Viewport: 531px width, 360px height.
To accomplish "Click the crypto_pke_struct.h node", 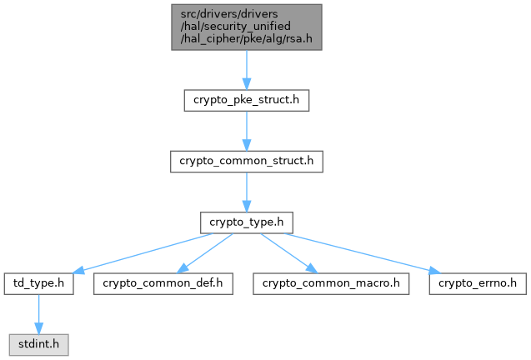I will click(x=246, y=100).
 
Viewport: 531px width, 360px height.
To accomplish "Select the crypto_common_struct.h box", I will click(x=246, y=161).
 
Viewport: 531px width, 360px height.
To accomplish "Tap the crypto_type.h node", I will click(x=246, y=222).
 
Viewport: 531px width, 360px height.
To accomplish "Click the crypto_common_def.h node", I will click(x=163, y=282).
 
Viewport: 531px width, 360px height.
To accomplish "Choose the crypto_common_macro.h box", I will click(x=331, y=282).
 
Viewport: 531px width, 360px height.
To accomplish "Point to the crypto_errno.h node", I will click(x=478, y=282).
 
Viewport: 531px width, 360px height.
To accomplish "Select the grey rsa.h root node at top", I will click(x=246, y=27).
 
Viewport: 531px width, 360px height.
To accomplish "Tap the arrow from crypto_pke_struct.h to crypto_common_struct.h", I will click(x=246, y=130).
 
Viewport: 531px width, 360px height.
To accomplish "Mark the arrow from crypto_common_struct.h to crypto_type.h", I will click(x=246, y=191).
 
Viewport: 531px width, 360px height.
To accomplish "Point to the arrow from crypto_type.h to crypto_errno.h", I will click(x=358, y=251).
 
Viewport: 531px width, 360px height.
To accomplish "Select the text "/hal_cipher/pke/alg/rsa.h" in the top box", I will click(x=246, y=39).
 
